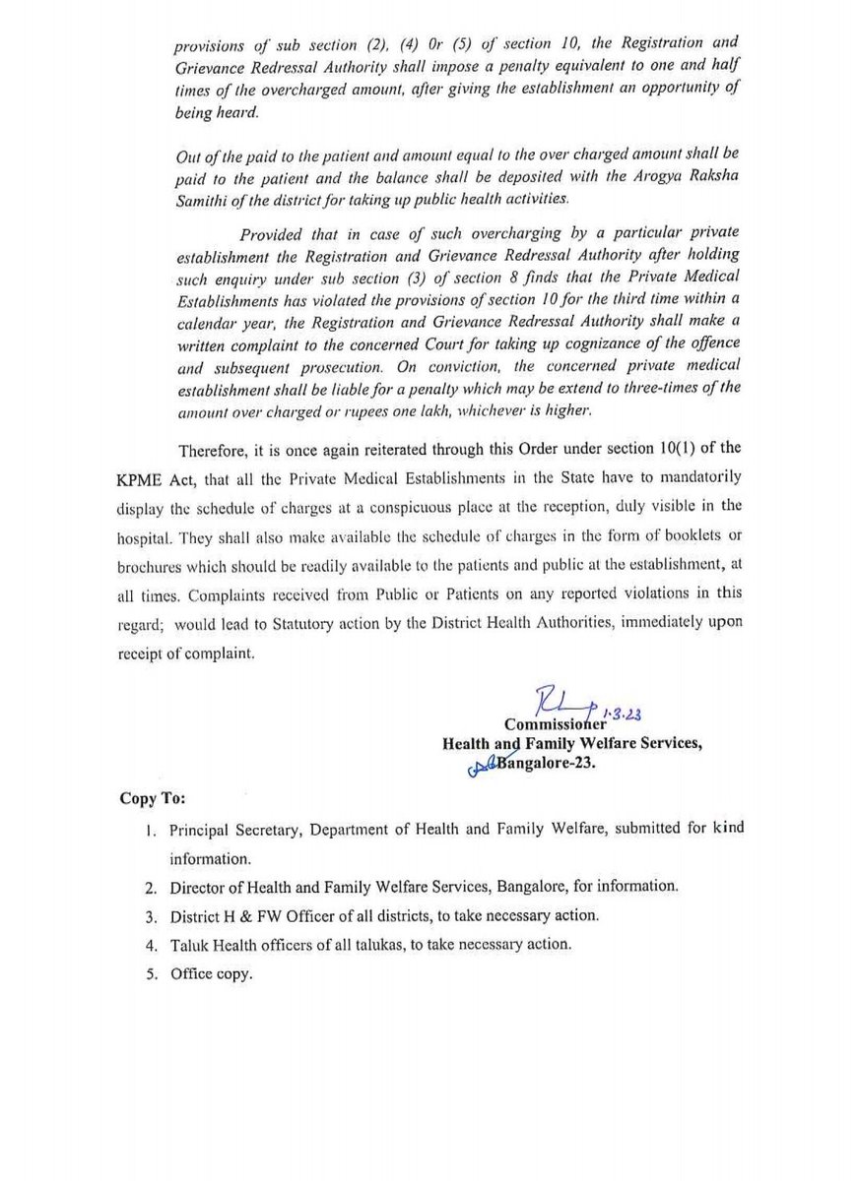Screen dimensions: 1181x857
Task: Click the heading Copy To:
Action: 151,795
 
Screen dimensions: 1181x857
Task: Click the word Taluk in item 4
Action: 187,945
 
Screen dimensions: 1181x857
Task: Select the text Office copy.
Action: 211,974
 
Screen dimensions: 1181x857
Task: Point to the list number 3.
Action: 149,916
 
